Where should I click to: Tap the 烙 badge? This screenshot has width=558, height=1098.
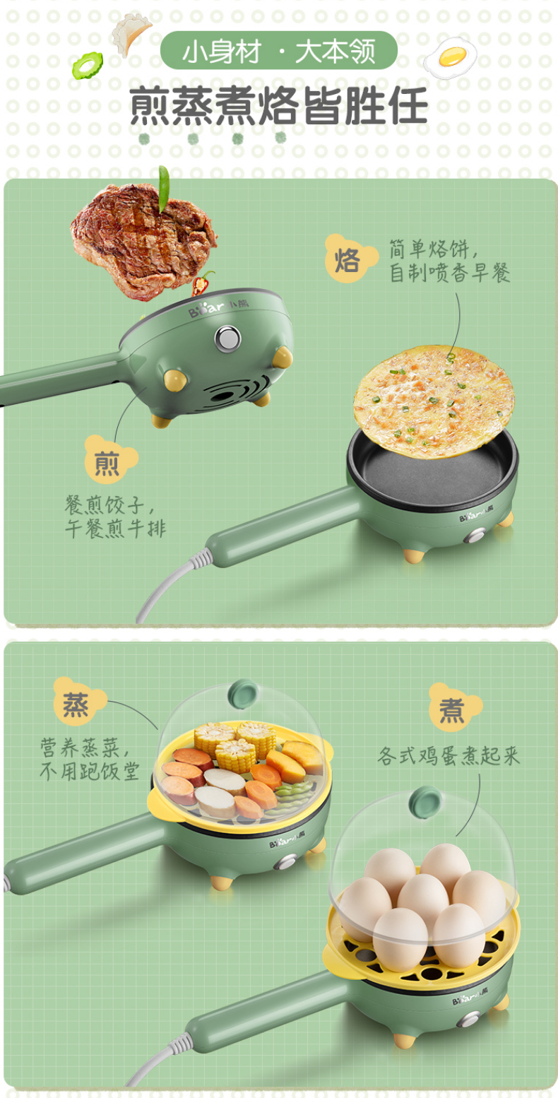coord(348,260)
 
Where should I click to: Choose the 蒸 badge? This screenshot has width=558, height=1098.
coord(78,705)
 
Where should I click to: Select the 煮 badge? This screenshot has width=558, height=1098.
coord(452,709)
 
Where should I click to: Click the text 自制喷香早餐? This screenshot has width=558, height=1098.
coord(449,273)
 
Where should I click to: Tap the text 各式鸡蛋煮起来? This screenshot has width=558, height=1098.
coord(449,757)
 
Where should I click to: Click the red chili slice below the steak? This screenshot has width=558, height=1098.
coord(203,285)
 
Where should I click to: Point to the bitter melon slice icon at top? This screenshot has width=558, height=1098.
coord(87,64)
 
